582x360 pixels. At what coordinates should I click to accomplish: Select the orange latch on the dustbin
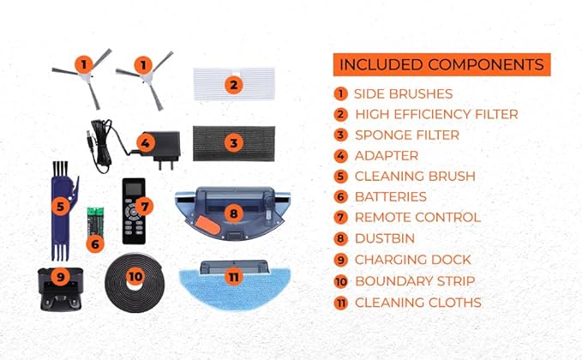[x=207, y=225]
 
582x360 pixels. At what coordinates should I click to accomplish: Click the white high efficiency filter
[x=234, y=84]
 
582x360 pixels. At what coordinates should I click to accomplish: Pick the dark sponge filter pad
[x=234, y=143]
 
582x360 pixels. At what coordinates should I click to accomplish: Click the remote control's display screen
[x=135, y=189]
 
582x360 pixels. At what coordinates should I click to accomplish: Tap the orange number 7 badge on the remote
[x=144, y=207]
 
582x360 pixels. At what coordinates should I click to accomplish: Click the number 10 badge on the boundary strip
[x=135, y=276]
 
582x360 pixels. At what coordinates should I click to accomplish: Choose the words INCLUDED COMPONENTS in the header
[x=441, y=64]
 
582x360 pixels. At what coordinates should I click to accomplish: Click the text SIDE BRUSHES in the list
[x=403, y=94]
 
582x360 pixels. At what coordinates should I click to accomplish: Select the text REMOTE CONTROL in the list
[x=418, y=218]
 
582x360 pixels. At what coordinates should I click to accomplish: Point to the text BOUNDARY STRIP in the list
[x=415, y=281]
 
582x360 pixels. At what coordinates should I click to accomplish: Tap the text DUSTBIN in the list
[x=385, y=238]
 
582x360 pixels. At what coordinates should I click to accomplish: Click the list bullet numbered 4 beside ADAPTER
[x=340, y=156]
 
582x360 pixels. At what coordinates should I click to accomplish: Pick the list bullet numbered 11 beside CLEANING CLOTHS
[x=340, y=303]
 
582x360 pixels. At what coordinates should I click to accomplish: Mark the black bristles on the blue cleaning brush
[x=60, y=169]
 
